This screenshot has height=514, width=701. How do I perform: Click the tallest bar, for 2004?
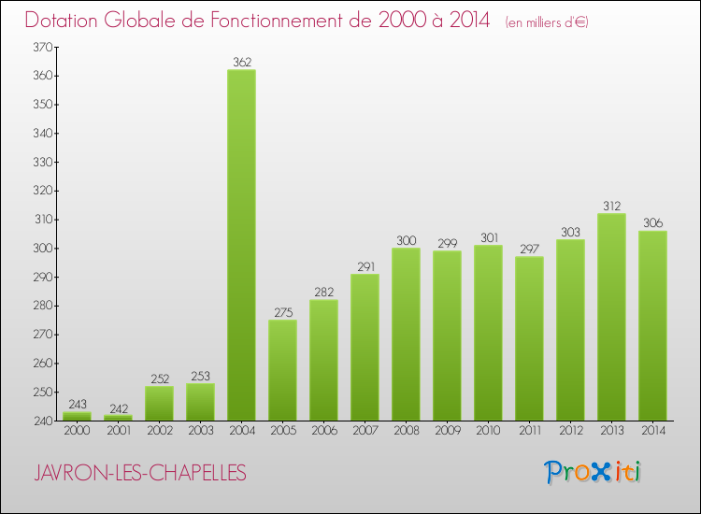click(241, 245)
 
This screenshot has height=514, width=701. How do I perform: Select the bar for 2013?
click(611, 317)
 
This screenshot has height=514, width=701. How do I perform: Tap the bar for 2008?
click(406, 334)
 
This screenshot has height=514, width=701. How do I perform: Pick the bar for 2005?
click(282, 370)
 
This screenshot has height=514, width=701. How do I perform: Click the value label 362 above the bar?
click(241, 62)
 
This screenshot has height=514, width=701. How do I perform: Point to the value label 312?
click(611, 206)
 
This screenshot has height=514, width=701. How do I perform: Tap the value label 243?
click(77, 404)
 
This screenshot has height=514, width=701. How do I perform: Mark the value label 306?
click(652, 222)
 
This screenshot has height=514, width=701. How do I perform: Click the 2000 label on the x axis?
click(77, 432)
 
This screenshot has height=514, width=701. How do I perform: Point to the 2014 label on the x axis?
click(652, 432)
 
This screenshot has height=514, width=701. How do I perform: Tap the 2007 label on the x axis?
click(365, 432)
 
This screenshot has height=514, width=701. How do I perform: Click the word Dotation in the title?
click(64, 21)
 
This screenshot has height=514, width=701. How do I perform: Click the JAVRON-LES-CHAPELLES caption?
click(140, 473)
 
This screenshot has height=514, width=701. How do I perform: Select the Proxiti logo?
click(593, 472)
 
